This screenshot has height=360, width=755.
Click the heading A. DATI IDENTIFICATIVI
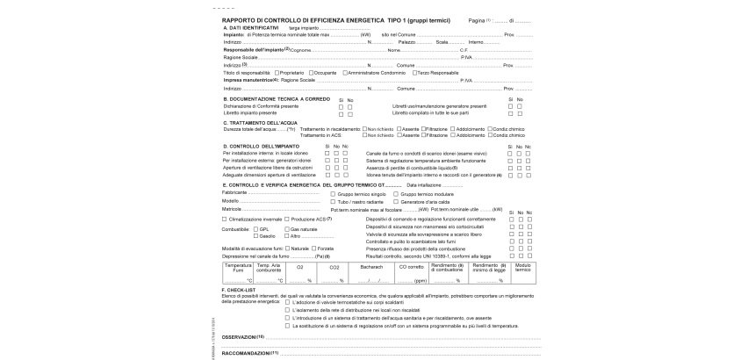click(250, 27)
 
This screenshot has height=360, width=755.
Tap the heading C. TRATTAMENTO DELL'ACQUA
click(262, 122)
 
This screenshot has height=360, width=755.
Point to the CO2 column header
click(334, 265)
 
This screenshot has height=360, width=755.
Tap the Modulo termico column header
click(522, 268)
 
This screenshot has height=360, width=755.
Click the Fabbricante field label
click(236, 192)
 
